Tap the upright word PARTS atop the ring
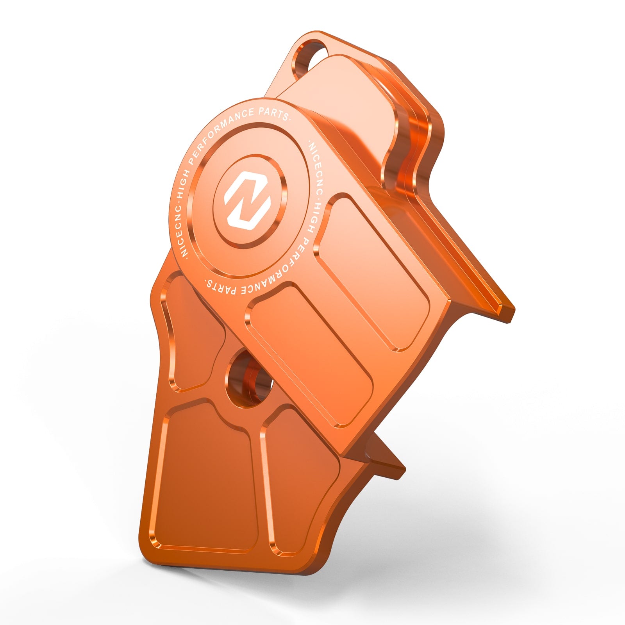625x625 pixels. pyautogui.click(x=274, y=113)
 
